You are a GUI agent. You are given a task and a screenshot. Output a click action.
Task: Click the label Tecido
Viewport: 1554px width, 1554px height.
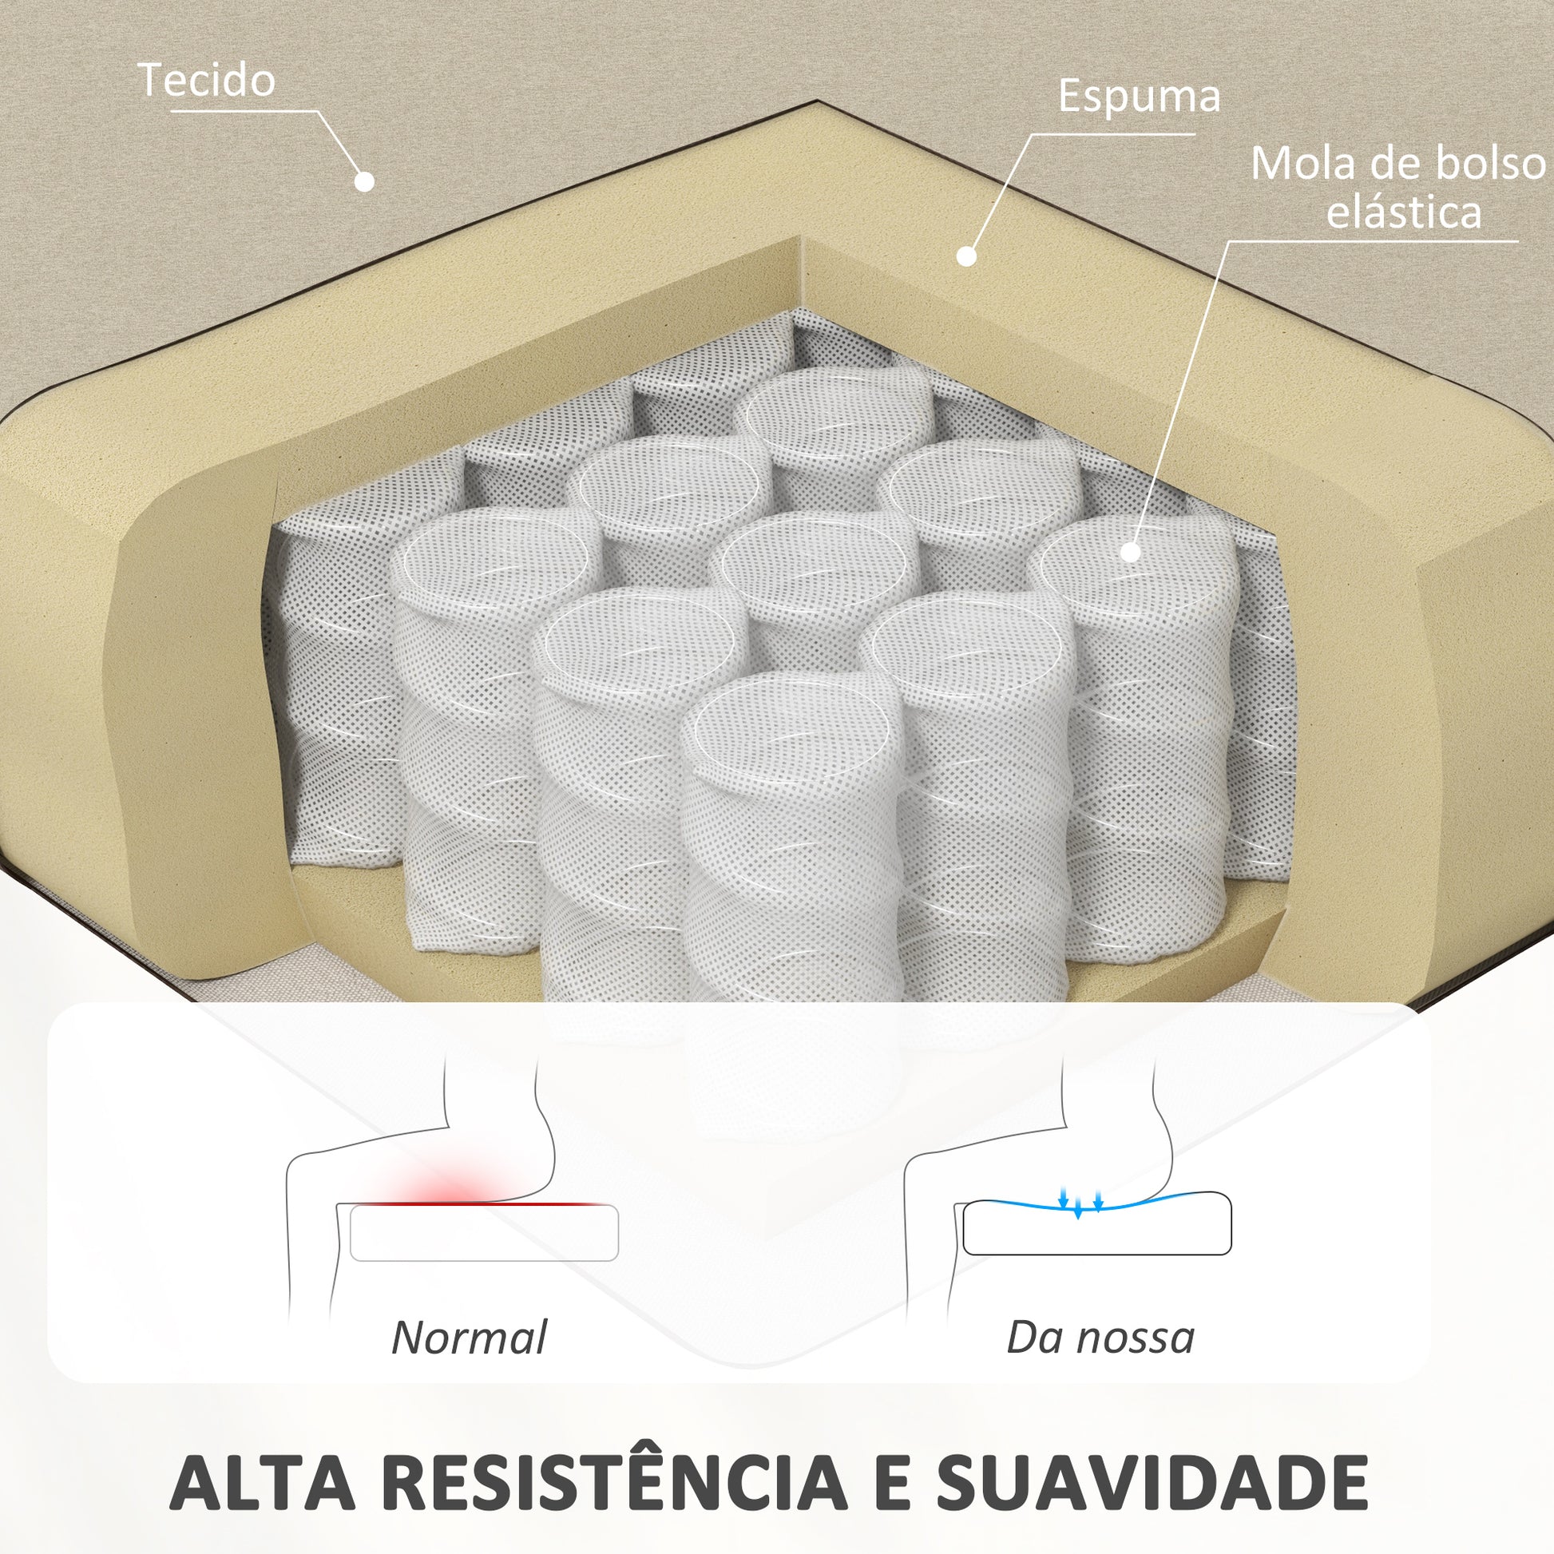point(207,81)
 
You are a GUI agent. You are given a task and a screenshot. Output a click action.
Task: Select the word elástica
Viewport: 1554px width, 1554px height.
point(1404,212)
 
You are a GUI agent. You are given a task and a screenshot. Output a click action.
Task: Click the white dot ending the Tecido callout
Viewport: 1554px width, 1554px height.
point(364,182)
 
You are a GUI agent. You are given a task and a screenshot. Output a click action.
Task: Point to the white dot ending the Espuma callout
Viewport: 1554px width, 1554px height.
point(966,256)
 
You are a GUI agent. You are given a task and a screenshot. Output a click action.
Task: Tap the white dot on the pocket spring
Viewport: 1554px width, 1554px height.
point(1130,552)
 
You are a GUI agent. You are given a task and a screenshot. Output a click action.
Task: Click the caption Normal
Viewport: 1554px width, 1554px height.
point(470,1338)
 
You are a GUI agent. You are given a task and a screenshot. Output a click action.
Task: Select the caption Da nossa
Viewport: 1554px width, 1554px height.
point(1100,1338)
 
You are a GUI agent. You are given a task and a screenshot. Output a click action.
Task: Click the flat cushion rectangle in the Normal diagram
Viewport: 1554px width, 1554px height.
point(484,1232)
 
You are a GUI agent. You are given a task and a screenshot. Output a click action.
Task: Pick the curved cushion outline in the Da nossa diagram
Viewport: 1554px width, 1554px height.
point(1097,1223)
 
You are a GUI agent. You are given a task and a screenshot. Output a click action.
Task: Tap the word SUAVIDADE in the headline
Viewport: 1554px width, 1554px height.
point(1152,1481)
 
